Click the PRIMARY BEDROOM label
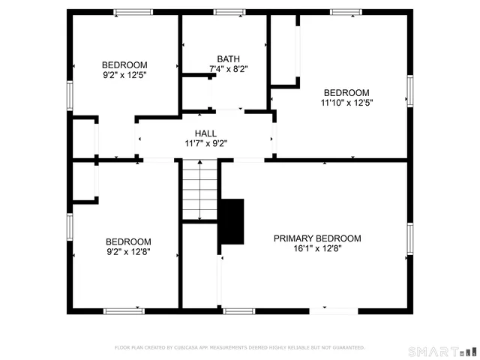(316, 238)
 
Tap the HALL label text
(206, 133)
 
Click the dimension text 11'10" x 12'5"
(346, 102)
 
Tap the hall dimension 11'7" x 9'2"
(206, 143)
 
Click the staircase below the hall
(199, 191)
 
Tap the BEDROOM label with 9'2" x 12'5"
(124, 64)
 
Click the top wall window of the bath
(229, 12)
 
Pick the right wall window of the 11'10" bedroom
(410, 90)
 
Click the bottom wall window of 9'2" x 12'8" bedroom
(124, 310)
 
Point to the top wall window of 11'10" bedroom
(346, 12)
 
